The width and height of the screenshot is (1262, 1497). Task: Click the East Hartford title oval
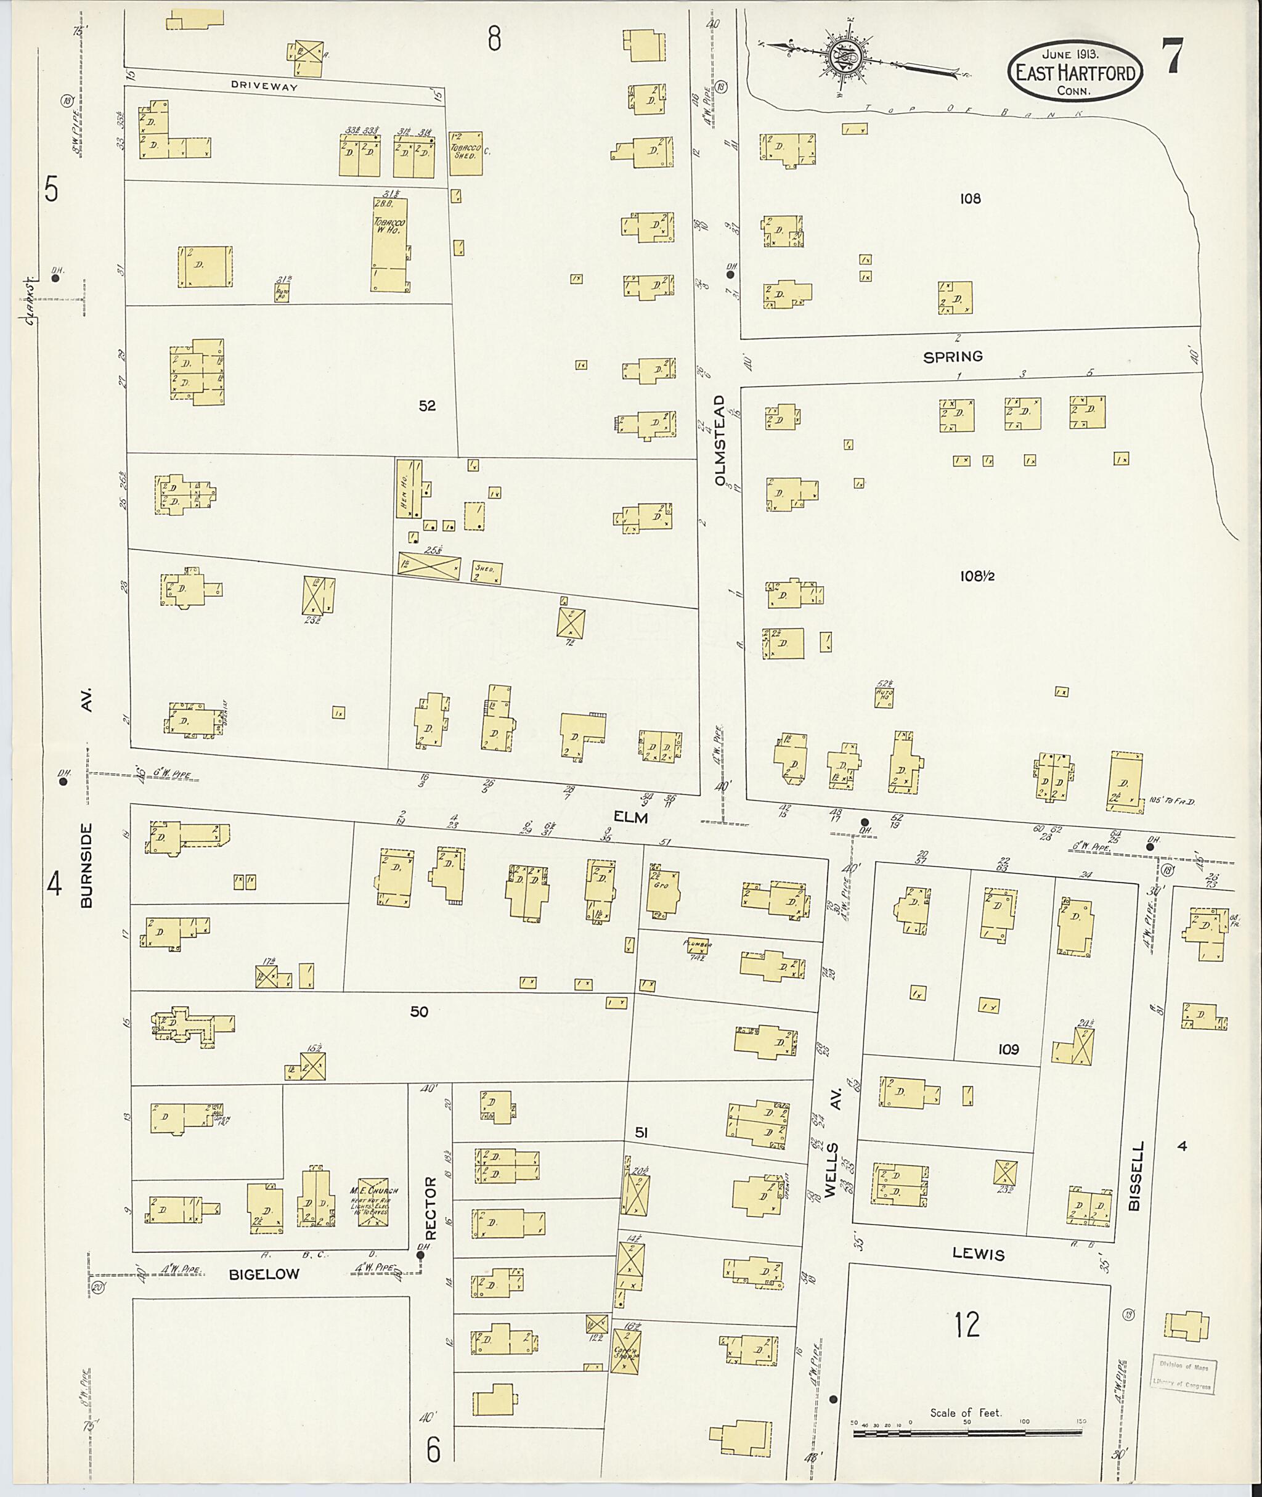coord(1075,71)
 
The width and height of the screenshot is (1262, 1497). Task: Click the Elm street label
coord(630,817)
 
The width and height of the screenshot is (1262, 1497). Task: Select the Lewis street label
coord(978,1254)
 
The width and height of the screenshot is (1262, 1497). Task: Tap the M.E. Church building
coord(373,1204)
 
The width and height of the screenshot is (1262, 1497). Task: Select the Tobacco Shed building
coord(466,153)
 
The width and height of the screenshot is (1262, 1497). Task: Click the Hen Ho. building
coord(409,489)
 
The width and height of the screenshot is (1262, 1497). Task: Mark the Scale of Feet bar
coord(967,1433)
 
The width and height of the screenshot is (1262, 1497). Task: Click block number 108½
coord(977,576)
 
